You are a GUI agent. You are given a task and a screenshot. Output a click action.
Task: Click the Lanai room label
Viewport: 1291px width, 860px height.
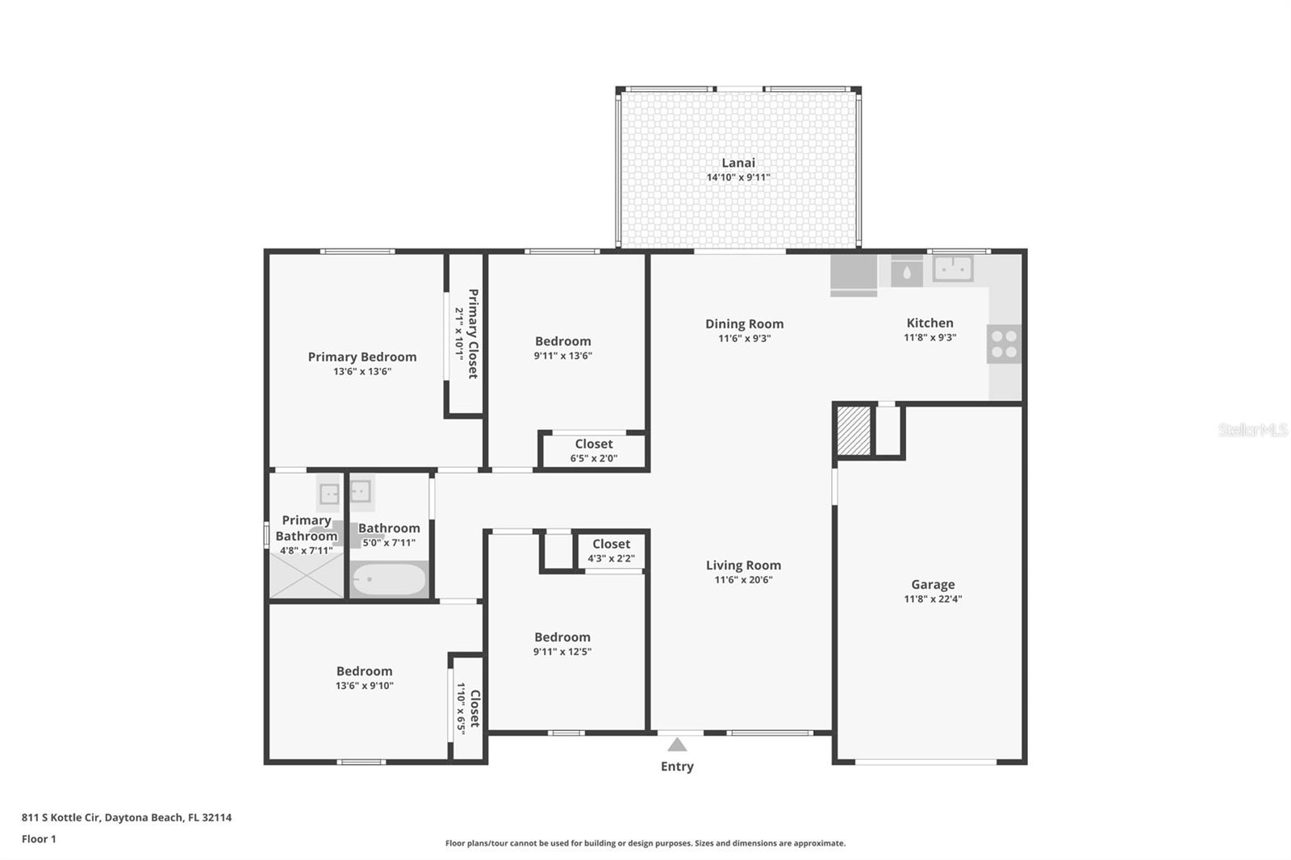point(738,163)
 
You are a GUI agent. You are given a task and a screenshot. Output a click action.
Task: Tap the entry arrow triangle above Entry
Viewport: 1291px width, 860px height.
point(677,745)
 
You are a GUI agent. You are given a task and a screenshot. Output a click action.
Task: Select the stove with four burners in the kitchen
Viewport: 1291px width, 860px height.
point(1004,344)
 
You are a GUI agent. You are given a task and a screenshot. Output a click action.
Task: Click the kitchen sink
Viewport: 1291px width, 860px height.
point(953,269)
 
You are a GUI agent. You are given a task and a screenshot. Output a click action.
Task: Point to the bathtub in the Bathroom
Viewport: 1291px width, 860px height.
point(389,579)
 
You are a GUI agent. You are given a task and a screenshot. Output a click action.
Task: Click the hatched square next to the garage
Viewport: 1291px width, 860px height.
point(854,431)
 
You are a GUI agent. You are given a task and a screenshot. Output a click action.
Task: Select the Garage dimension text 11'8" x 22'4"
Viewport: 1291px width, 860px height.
point(933,599)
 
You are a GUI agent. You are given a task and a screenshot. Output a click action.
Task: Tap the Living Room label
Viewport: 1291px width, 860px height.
point(743,566)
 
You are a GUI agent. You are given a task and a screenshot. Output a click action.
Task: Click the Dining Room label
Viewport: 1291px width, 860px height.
point(744,324)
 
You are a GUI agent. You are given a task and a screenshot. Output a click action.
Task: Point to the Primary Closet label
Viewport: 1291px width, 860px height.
point(473,334)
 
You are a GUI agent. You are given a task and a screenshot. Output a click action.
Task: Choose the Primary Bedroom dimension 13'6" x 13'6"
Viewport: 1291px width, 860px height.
point(362,372)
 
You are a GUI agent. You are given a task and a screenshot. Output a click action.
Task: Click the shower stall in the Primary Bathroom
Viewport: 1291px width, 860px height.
point(307,574)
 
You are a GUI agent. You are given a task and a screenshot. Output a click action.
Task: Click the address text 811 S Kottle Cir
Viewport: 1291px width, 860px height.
point(61,817)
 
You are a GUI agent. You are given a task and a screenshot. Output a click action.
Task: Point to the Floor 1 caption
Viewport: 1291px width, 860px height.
point(39,839)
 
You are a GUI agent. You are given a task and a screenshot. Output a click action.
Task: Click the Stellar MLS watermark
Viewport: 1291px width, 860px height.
point(1252,430)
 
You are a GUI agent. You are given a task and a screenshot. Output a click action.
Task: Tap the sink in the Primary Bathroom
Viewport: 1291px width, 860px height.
point(330,495)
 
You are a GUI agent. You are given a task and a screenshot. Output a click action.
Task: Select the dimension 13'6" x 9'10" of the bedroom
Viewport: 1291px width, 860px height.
point(364,686)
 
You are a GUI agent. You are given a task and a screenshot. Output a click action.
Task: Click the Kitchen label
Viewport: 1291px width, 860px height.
point(930,323)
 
